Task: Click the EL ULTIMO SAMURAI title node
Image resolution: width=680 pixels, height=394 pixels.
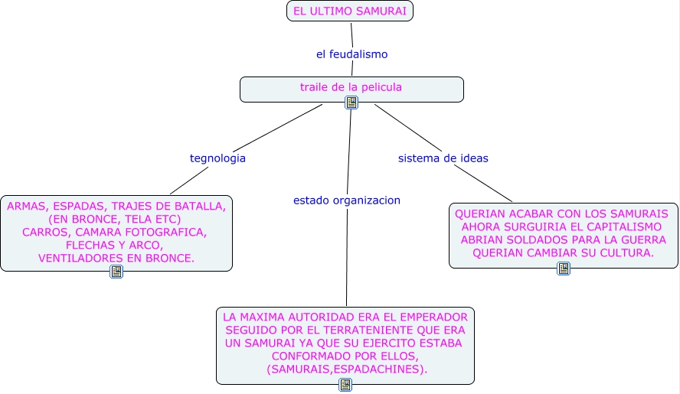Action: tap(350, 11)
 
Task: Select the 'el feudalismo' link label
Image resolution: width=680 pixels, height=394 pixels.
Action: tap(351, 54)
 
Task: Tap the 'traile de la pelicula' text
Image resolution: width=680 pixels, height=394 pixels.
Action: tap(351, 87)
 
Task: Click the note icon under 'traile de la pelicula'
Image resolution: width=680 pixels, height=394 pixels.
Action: tap(351, 103)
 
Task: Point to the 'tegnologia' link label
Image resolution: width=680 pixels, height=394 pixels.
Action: tap(217, 158)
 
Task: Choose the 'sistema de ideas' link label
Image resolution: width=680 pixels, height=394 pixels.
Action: tap(443, 158)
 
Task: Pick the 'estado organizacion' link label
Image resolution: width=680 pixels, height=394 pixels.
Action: tap(346, 200)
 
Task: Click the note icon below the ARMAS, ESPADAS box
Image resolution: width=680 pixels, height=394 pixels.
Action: tap(116, 272)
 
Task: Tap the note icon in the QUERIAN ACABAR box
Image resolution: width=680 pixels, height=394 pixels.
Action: tap(564, 269)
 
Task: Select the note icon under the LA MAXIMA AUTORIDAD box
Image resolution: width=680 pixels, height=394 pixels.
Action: tap(345, 385)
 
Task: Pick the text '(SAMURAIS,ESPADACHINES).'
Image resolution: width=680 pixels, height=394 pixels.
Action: tap(347, 370)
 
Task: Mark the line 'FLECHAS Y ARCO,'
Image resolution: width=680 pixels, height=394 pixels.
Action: tap(115, 246)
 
